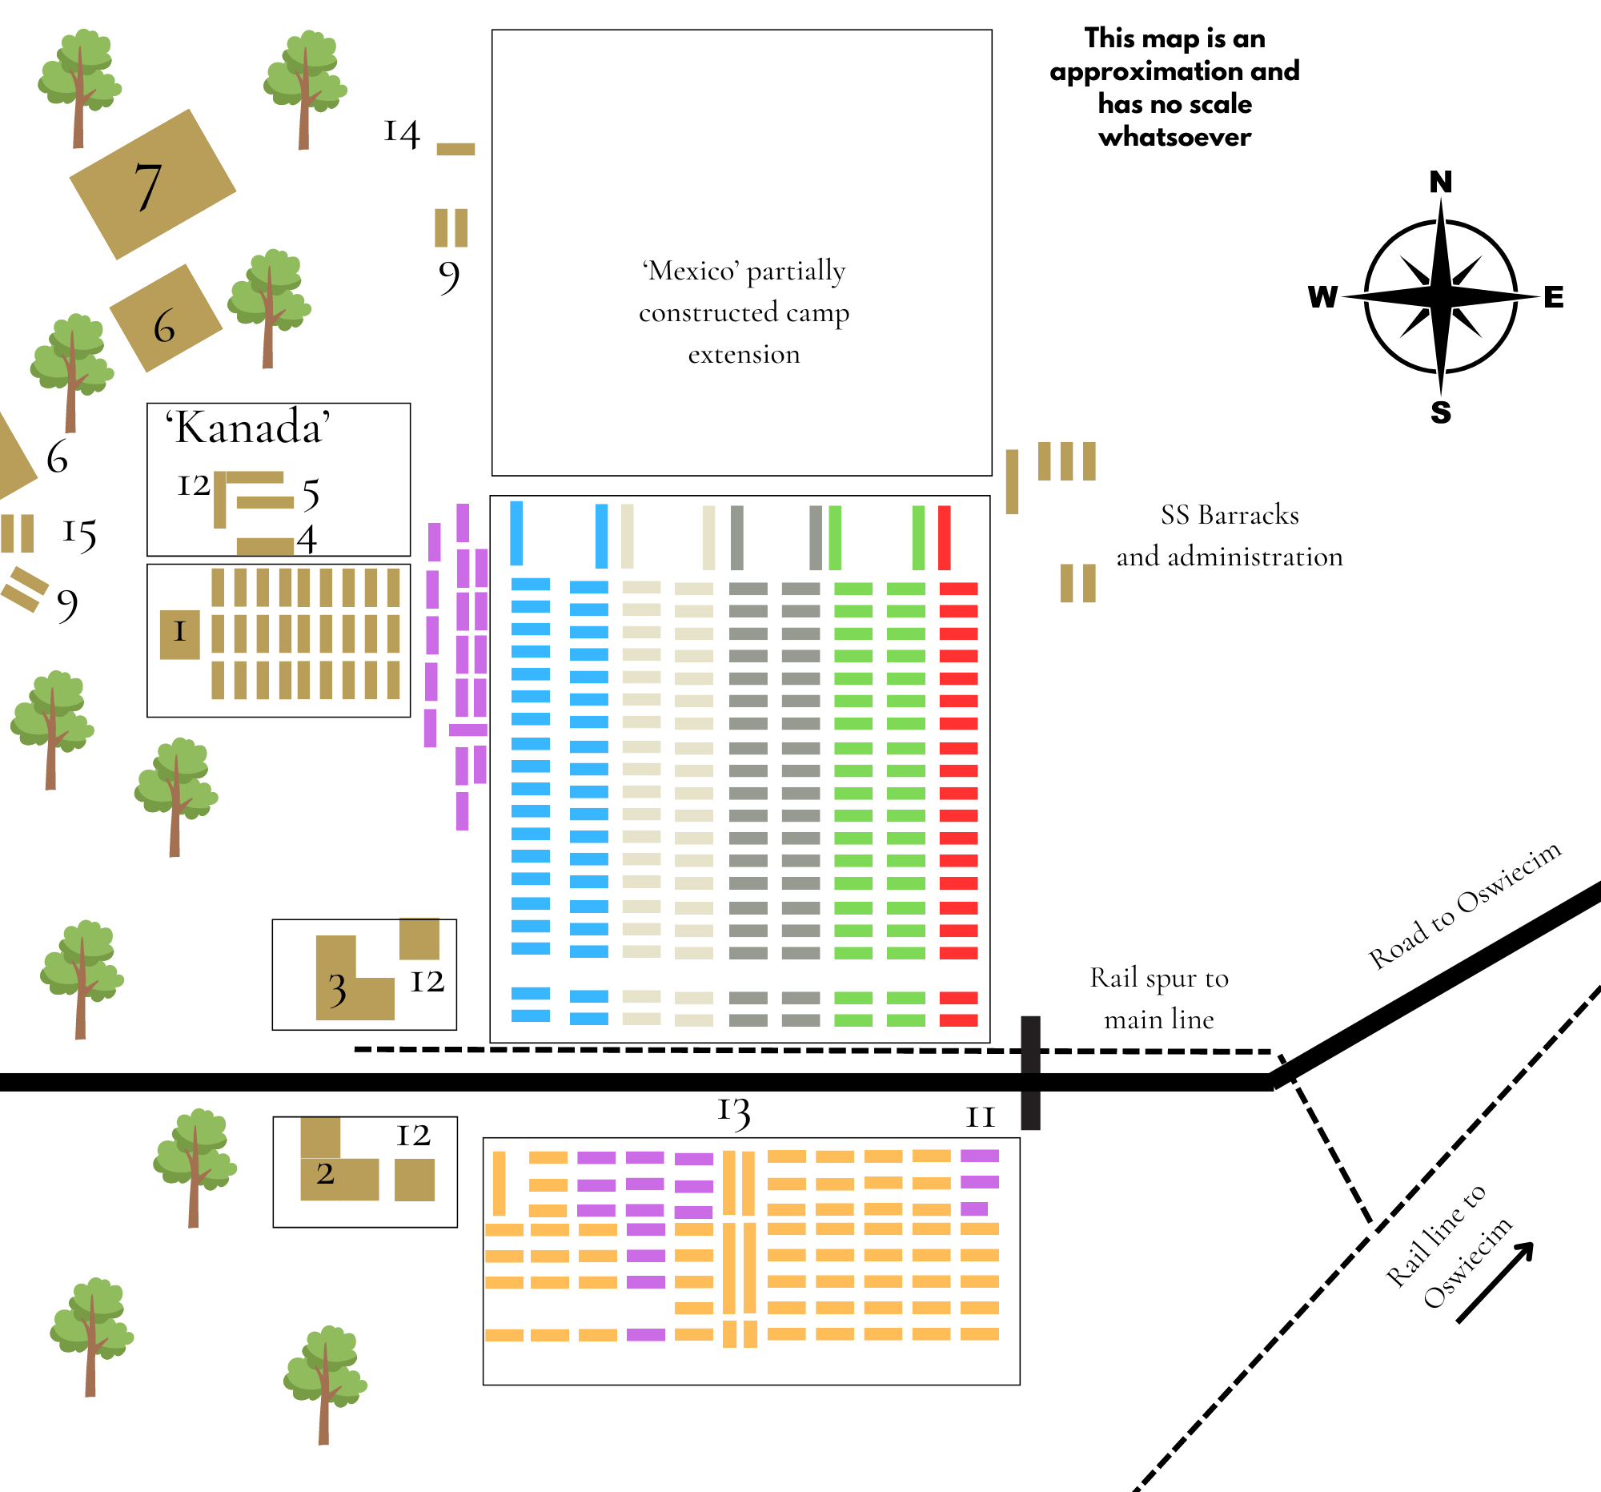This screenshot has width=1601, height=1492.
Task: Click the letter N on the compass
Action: (1441, 182)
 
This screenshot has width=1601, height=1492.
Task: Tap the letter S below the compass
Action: (1441, 412)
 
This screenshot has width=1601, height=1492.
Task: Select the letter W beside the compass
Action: (1323, 297)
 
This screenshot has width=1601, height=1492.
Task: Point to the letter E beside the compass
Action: (1554, 297)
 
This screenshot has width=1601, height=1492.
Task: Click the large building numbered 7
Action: (152, 184)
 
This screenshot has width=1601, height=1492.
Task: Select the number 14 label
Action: (402, 133)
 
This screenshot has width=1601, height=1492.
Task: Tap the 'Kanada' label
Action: (248, 427)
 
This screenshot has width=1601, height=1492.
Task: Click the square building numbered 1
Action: (179, 635)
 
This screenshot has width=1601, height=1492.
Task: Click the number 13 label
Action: (733, 1112)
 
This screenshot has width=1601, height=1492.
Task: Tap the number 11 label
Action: (980, 1117)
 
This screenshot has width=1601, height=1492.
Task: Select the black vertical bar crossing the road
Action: (1031, 1072)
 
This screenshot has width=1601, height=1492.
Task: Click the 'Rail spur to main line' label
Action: (1159, 998)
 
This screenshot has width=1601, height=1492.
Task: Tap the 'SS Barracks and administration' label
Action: (1229, 536)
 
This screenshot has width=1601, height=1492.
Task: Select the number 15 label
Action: (80, 533)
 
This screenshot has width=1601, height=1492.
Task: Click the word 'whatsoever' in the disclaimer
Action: (1174, 137)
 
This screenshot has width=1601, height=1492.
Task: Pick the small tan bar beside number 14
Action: (455, 149)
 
